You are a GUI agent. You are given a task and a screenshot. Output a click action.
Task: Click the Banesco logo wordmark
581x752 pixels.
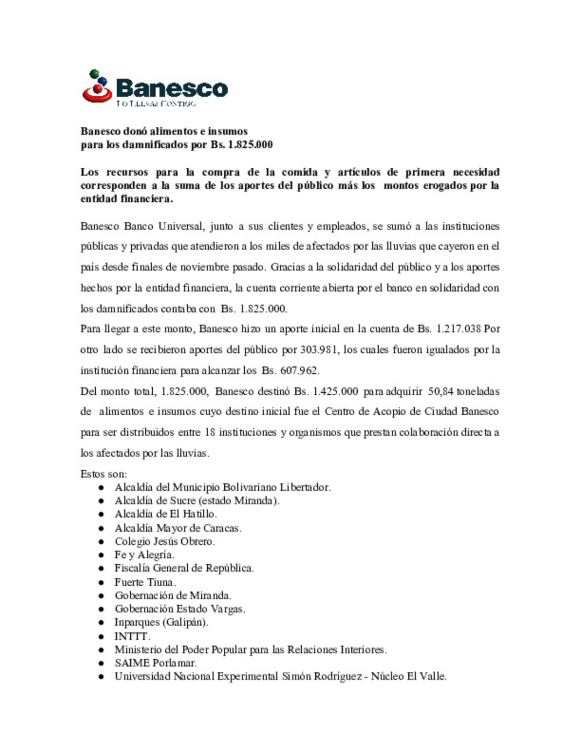(x=172, y=88)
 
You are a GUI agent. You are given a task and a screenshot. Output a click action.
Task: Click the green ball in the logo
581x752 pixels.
(x=94, y=73)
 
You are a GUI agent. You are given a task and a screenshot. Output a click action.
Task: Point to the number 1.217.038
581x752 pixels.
(x=458, y=329)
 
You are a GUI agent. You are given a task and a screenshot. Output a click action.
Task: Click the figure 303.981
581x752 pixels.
(x=319, y=350)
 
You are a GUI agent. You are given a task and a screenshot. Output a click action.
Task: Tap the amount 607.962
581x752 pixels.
(x=299, y=371)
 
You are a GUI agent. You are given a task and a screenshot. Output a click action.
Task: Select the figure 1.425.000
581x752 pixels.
(x=335, y=391)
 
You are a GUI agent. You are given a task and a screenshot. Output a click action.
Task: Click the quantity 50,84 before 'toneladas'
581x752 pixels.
(x=441, y=391)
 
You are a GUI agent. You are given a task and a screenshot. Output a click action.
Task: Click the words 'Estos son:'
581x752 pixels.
(x=104, y=474)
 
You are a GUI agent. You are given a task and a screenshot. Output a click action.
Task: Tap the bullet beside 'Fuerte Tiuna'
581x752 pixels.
(x=101, y=583)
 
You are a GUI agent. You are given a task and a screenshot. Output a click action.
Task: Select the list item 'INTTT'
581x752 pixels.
(x=132, y=636)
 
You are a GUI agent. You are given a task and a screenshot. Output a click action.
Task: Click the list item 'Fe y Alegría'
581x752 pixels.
(x=144, y=555)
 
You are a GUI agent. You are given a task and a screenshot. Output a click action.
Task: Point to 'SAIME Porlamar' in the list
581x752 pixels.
(x=155, y=663)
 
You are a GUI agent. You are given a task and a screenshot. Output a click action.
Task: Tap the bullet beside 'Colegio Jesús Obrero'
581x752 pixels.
(x=101, y=542)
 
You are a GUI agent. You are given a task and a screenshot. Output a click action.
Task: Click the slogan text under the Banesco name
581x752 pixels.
(x=156, y=103)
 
